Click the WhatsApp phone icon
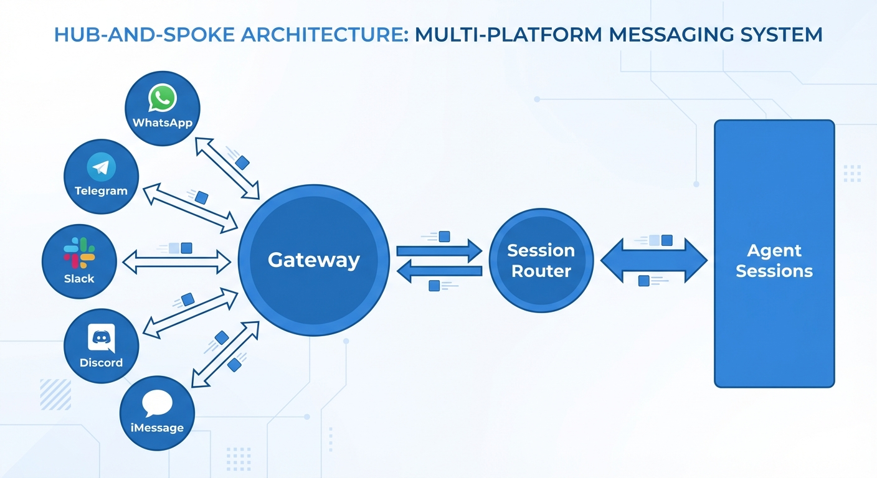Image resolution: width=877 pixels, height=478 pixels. pyautogui.click(x=163, y=99)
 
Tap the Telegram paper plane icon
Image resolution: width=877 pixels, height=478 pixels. pyautogui.click(x=101, y=167)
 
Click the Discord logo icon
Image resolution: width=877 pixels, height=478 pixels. pyautogui.click(x=101, y=339)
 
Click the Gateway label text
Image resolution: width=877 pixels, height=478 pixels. pyautogui.click(x=314, y=260)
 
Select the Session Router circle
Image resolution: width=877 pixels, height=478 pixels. pyautogui.click(x=541, y=261)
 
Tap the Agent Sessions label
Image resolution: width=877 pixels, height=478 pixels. pyautogui.click(x=774, y=261)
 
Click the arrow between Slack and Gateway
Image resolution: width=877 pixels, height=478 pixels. pyautogui.click(x=177, y=262)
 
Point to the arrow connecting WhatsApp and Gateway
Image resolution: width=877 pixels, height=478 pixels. pyautogui.click(x=227, y=168)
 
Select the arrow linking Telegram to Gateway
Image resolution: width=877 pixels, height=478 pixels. pyautogui.click(x=191, y=208)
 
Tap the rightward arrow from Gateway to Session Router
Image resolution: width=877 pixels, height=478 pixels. pyautogui.click(x=439, y=251)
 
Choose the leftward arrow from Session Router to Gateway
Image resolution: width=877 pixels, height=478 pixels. pyautogui.click(x=439, y=271)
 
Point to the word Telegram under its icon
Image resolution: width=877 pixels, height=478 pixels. pyautogui.click(x=101, y=191)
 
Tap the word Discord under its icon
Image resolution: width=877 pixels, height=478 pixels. pyautogui.click(x=101, y=362)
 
